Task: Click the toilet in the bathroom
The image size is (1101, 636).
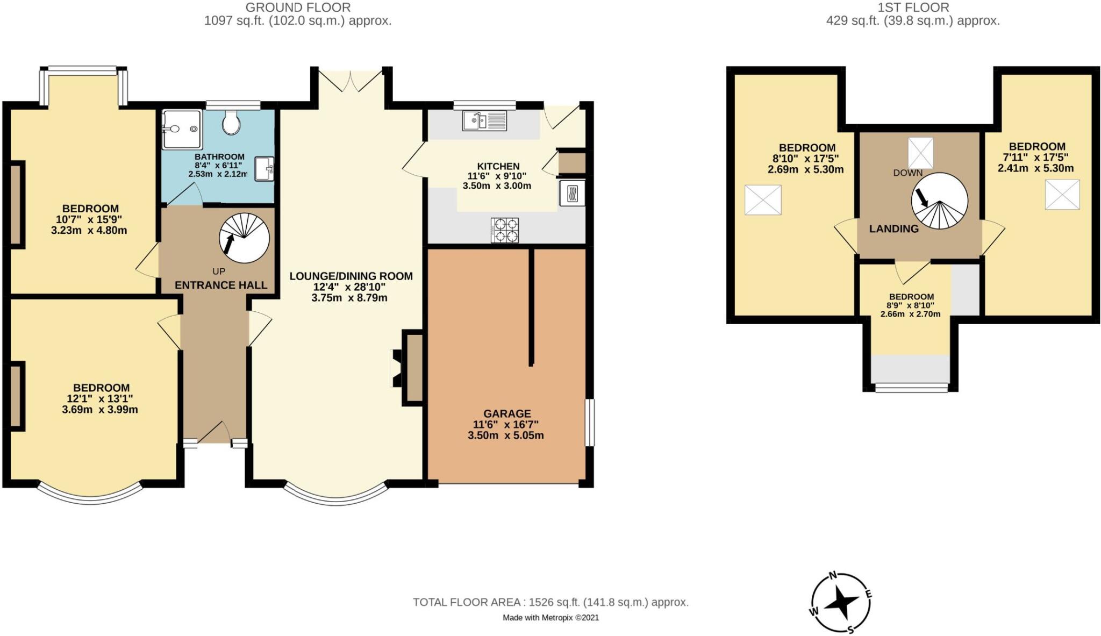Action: pos(232,123)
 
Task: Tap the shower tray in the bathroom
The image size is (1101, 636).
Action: pos(182,130)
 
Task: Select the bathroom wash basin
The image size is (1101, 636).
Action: pos(264,169)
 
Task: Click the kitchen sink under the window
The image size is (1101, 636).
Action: pos(483,120)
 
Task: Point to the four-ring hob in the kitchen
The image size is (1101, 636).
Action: pos(504,230)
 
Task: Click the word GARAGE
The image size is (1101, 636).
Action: pos(507,413)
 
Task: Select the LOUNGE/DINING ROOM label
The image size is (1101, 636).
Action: pos(351,276)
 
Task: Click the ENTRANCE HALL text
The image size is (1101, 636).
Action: pos(221,285)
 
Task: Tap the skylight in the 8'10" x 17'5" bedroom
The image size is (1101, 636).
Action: pos(762,200)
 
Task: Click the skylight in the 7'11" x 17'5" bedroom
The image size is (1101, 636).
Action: pos(1062,195)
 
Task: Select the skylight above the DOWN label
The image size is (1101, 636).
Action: pos(920,153)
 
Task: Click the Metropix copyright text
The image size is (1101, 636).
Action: pos(550,618)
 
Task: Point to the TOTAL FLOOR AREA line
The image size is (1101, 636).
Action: pos(550,602)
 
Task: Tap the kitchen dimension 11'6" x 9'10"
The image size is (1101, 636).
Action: pos(497,176)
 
